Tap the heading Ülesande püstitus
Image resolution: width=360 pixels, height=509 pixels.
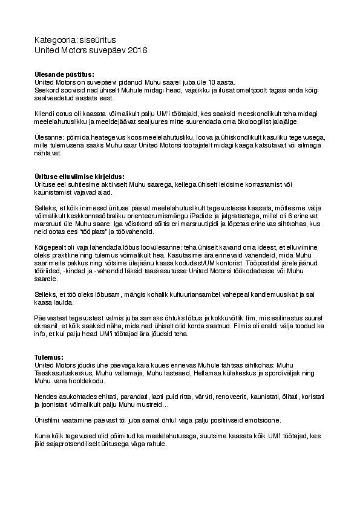click(65, 74)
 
